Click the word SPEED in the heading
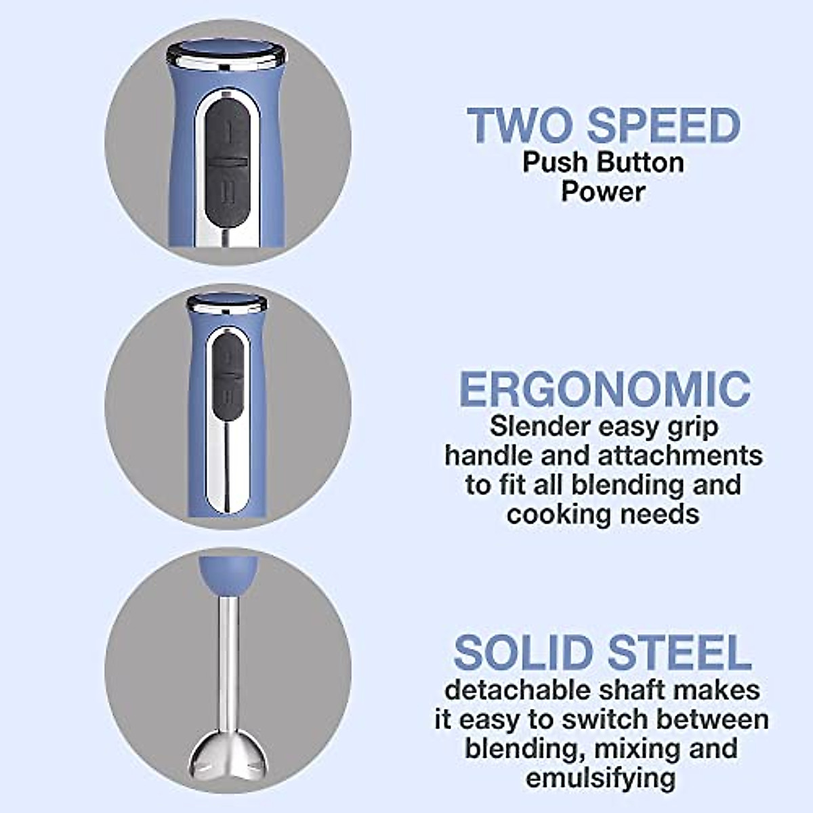(x=663, y=126)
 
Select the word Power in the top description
(x=602, y=192)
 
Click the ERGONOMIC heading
(x=604, y=389)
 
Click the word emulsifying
(x=601, y=778)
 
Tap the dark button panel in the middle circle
(x=227, y=379)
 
